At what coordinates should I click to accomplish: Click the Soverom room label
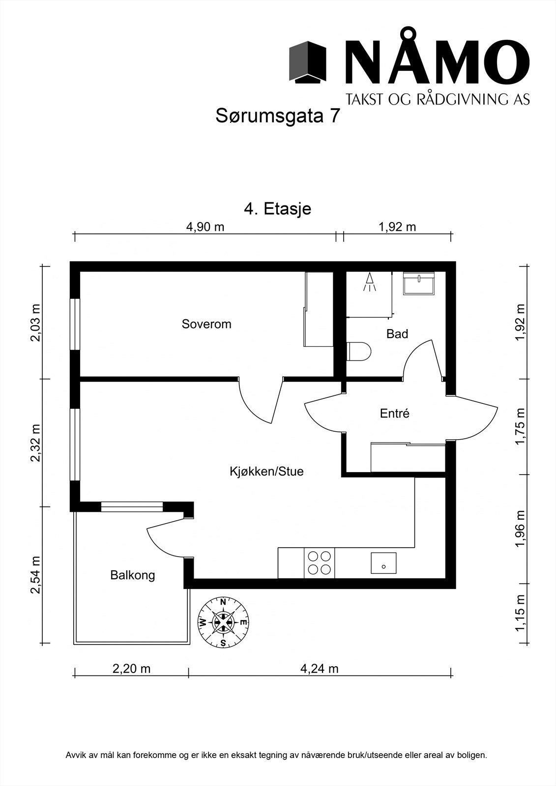(206, 324)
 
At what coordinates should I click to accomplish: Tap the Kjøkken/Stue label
(266, 472)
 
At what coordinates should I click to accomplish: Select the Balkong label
(133, 575)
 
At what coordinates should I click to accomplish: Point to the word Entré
(395, 414)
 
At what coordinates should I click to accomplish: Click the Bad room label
(397, 334)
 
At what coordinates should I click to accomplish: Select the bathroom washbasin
(419, 283)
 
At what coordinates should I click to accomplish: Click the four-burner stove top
(319, 563)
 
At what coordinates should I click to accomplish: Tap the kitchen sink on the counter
(383, 563)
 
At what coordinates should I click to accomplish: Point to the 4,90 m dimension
(205, 227)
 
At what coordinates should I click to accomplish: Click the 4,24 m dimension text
(320, 669)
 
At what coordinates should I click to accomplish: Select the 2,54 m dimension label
(35, 575)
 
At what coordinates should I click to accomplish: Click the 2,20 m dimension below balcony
(131, 669)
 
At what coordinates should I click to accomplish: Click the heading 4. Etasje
(278, 209)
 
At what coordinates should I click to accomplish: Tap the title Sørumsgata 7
(278, 116)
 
